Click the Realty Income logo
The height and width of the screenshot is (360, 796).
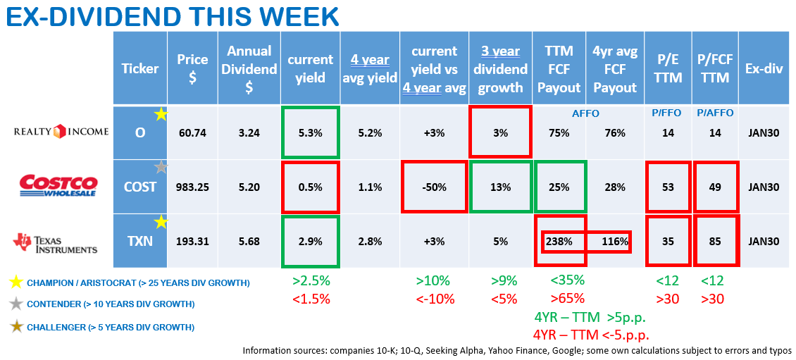pos(61,131)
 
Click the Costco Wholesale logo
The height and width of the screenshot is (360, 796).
pos(57,186)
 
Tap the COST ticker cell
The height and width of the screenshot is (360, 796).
pos(140,187)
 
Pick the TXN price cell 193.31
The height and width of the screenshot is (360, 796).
pos(192,242)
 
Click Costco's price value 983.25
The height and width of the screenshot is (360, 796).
pos(192,187)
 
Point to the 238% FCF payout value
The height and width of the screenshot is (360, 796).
pos(558,242)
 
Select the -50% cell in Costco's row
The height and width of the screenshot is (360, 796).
pos(434,187)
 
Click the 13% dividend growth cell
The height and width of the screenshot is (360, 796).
pos(499,187)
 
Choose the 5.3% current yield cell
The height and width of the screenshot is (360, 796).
pos(310,132)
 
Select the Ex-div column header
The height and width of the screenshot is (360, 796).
pos(764,68)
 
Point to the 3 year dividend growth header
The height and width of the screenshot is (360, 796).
pos(499,69)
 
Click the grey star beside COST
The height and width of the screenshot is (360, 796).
pos(161,168)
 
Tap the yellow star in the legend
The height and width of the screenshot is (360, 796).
pos(14,283)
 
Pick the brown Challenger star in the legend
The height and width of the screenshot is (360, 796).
pos(14,326)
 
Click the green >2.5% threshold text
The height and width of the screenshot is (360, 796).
pos(311,281)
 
